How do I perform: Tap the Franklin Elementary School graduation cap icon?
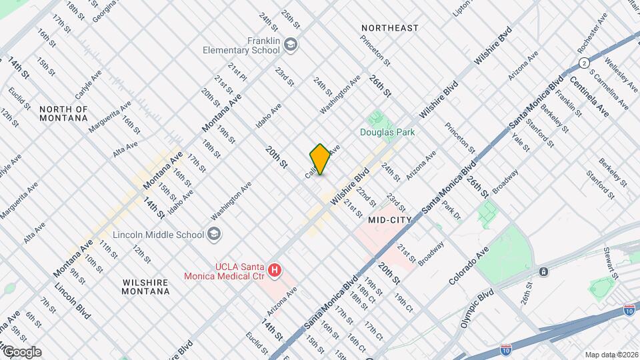point(291,45)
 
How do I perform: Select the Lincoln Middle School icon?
point(214,234)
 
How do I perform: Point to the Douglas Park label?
point(387,132)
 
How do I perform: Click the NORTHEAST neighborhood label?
point(390,28)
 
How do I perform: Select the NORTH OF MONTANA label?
point(63,113)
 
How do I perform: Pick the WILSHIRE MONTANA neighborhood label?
point(145,287)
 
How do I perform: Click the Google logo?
point(22,352)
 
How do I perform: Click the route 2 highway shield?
point(584,63)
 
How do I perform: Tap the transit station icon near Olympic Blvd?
point(544,271)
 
